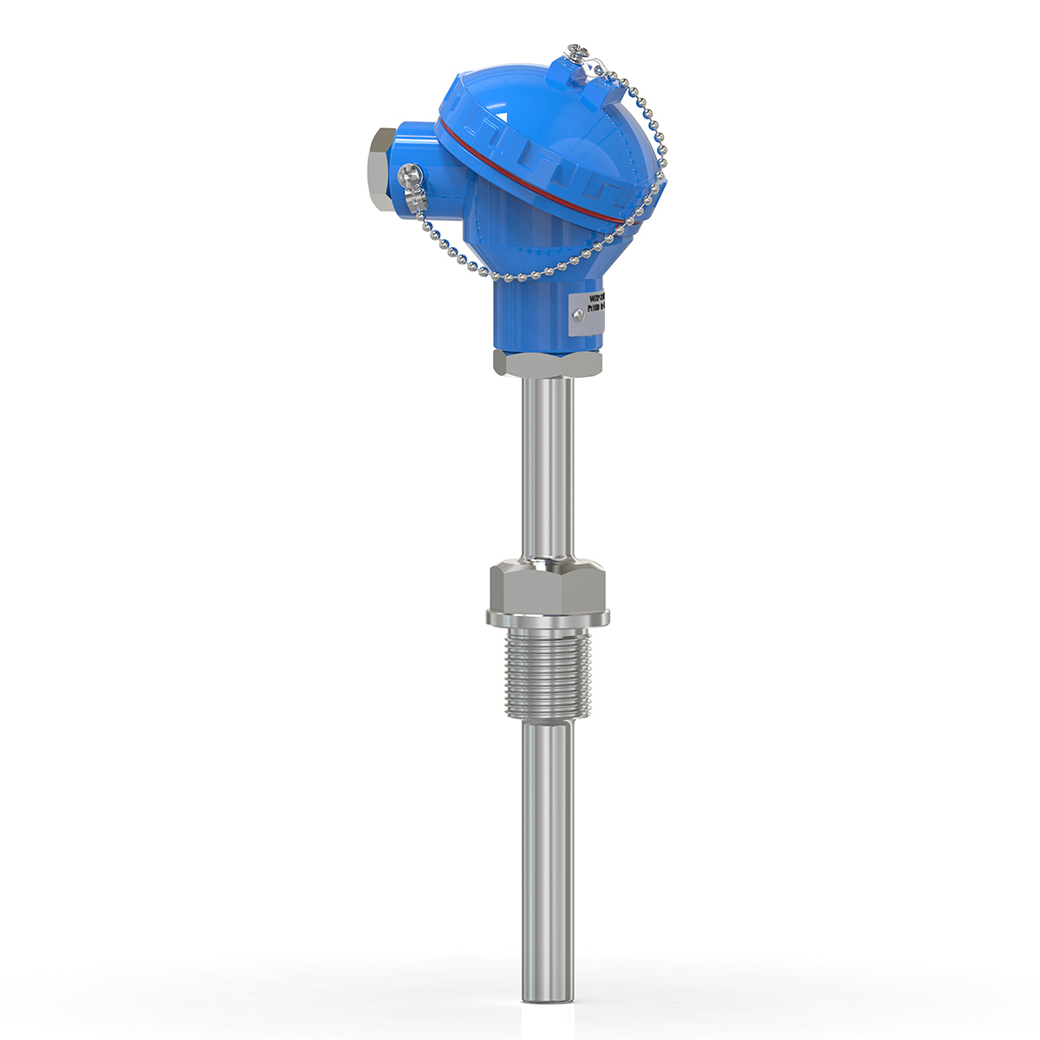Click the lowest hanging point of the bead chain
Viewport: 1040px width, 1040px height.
pyautogui.click(x=520, y=279)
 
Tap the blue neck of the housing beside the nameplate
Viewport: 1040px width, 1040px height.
pyautogui.click(x=529, y=312)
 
